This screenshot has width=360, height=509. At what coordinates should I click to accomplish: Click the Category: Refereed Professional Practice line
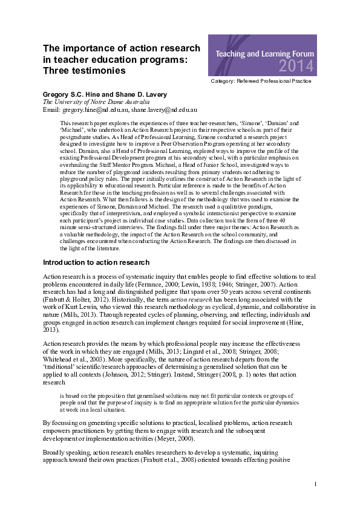point(261,80)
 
